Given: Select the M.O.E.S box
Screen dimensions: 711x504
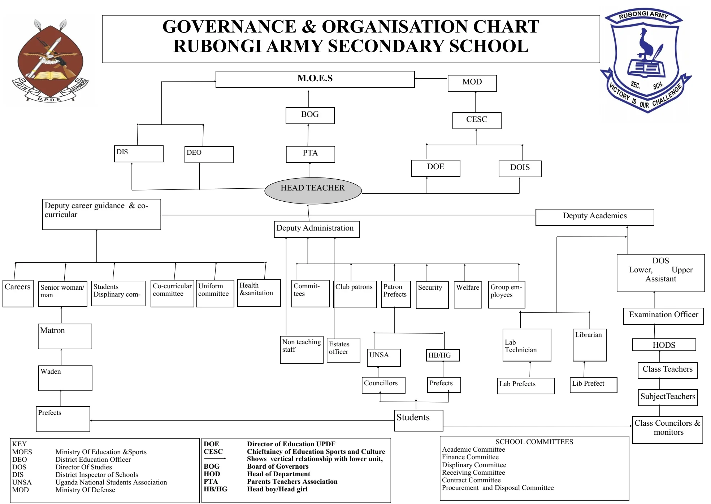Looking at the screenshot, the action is pos(315,79).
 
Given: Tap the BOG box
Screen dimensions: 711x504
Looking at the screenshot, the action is pos(310,115).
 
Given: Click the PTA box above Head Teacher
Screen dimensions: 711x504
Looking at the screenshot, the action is pos(310,154).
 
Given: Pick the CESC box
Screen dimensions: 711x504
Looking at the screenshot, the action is pos(477,120).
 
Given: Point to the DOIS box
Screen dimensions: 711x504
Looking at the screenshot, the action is pos(520,168).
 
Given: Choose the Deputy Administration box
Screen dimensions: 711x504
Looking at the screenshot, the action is pos(317,229).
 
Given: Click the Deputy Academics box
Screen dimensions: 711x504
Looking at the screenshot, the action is pos(595,217).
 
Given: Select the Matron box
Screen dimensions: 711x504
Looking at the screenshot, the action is pos(65,336).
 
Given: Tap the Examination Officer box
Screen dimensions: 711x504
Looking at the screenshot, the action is pos(663,316).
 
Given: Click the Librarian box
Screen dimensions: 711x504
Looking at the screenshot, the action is pos(589,345).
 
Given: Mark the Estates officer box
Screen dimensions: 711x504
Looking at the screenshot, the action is pos(343,350).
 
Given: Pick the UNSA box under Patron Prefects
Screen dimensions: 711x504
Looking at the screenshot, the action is pos(384,358).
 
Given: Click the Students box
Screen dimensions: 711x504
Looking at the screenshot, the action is pos(419,420).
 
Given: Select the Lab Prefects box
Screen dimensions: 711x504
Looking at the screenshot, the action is pos(525,386).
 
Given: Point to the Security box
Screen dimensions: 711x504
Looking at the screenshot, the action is pos(432,295).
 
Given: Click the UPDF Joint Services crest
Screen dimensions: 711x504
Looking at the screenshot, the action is pos(50,61).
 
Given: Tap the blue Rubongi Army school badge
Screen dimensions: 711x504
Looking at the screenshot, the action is pos(645,60).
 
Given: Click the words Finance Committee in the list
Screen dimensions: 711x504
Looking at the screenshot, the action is pos(470,457).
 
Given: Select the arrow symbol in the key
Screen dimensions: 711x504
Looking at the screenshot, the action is pos(215,459).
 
